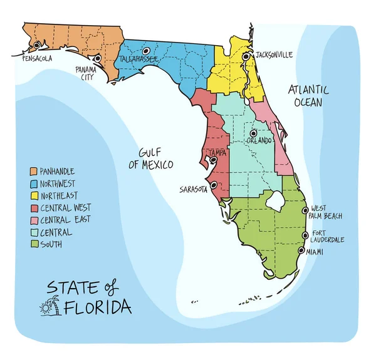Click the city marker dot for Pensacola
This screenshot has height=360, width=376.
pos(38,45)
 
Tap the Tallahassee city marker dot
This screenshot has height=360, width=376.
pos(146,51)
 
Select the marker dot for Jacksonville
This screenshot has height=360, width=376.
pos(246,56)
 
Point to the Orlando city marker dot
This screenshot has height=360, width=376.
pos(253,133)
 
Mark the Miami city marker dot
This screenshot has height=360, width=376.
pos(301,251)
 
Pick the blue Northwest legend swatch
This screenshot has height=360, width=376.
pos(34,183)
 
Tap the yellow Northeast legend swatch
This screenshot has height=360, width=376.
pos(34,196)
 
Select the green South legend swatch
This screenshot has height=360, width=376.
pos(34,244)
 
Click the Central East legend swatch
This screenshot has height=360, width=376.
pos(34,220)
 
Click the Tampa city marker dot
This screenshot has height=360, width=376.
pos(214,160)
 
